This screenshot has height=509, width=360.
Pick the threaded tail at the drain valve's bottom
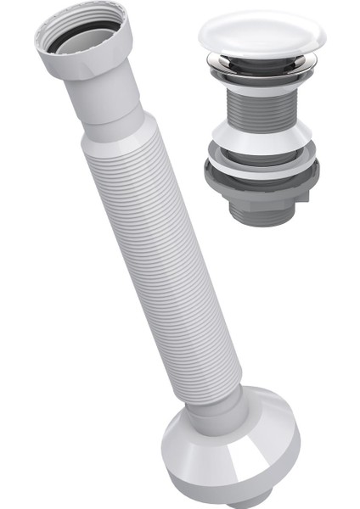point(261,214)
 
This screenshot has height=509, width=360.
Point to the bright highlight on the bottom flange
point(200,462)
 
